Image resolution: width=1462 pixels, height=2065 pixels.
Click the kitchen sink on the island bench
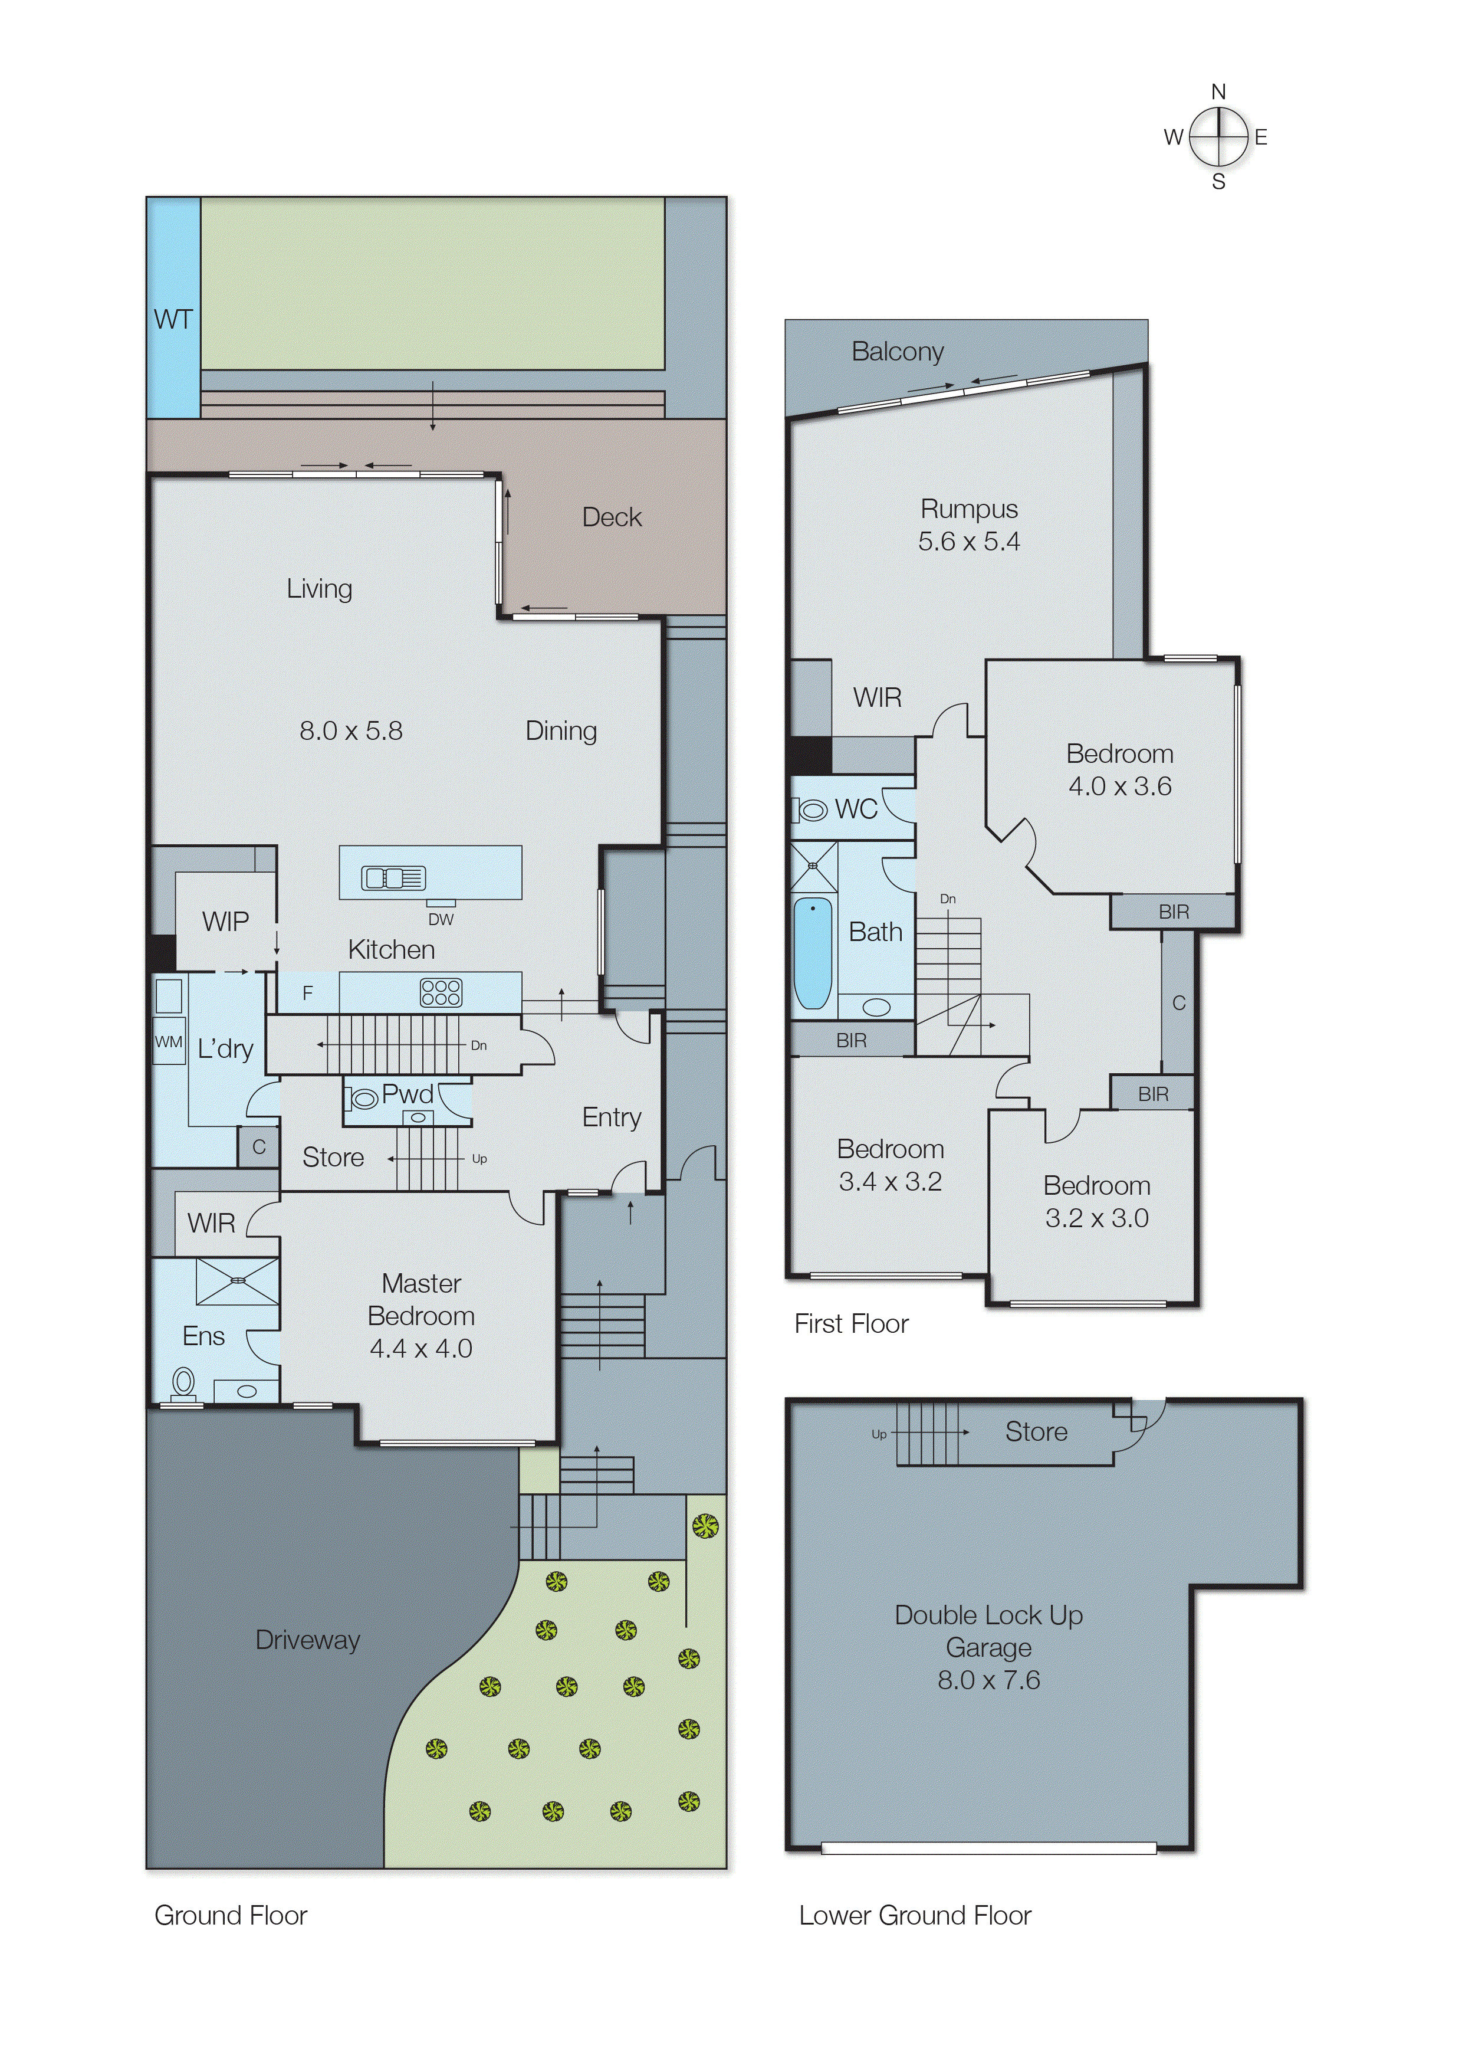click(393, 877)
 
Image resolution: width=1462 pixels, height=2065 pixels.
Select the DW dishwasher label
click(440, 919)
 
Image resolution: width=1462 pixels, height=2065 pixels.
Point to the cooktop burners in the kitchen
click(440, 992)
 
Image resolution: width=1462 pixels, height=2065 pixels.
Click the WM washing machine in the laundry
click(168, 1042)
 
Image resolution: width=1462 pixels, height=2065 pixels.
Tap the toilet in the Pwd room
click(363, 1099)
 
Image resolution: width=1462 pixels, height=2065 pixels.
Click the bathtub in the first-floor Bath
click(813, 953)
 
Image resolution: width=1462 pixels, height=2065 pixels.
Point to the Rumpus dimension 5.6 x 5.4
click(968, 541)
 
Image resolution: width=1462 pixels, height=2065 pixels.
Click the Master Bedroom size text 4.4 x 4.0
click(420, 1348)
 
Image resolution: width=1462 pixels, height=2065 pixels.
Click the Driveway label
click(307, 1640)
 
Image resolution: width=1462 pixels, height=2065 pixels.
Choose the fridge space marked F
click(307, 994)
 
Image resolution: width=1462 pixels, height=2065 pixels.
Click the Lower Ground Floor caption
click(915, 1916)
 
